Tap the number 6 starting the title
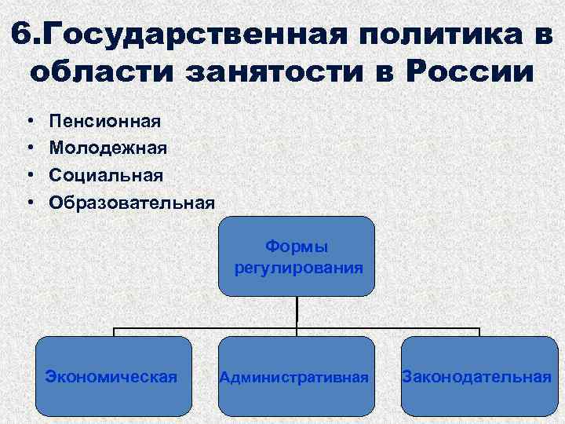point(24,34)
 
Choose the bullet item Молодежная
point(108,148)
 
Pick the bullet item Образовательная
point(131,202)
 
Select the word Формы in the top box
point(297,247)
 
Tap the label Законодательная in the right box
point(476,376)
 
